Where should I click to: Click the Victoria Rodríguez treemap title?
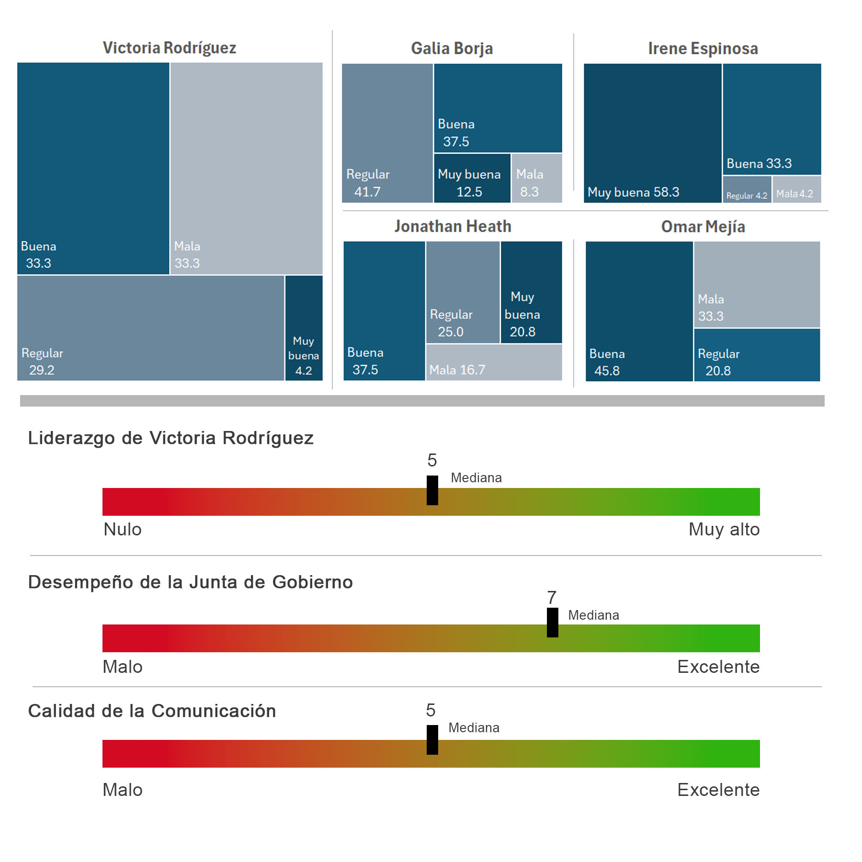coord(170,48)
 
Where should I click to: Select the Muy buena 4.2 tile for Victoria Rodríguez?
coord(304,328)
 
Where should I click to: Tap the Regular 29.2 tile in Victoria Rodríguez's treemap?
coord(150,328)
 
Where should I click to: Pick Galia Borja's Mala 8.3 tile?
coord(537,178)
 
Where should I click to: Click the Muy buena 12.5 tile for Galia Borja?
coord(472,178)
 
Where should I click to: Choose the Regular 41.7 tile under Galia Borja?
coord(387,133)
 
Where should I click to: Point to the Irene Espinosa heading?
coord(703,48)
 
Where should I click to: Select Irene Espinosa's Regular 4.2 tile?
coord(747,190)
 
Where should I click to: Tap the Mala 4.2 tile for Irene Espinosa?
coord(797,190)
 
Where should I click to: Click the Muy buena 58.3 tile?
coord(653,133)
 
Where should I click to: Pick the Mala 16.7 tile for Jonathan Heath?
coord(494,363)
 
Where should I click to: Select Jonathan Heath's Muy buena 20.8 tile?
coord(532,292)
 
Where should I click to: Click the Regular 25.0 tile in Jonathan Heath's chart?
coord(463,292)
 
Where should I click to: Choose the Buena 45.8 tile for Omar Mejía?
coord(639,311)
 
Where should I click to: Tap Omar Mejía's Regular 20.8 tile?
coord(757,355)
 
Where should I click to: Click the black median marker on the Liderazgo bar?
coord(432,490)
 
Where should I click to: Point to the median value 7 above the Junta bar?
coord(552,598)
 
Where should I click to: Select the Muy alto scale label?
coord(724,530)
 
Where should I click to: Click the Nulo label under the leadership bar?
coord(123,530)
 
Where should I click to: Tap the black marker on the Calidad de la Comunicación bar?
coord(432,740)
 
